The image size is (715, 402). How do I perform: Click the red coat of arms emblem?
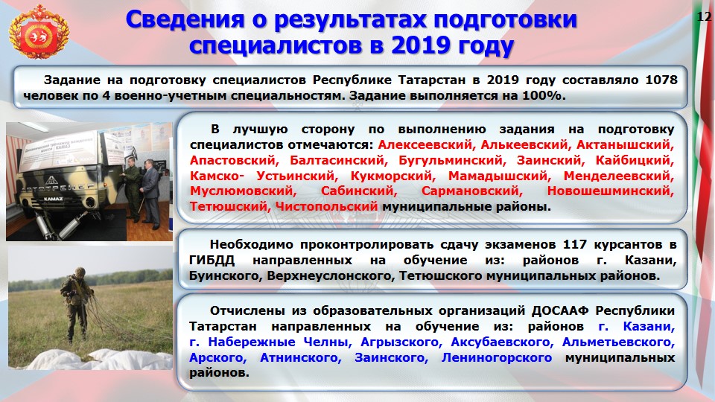tap(38, 32)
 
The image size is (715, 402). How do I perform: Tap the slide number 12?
tap(704, 17)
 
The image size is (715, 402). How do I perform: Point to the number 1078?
tap(661, 80)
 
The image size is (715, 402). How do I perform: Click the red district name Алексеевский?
tap(426, 145)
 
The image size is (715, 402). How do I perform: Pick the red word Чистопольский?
tap(326, 206)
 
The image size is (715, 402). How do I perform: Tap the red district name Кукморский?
tap(393, 176)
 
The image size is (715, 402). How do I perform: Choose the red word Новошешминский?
tap(611, 191)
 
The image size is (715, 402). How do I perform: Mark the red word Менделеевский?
tap(619, 176)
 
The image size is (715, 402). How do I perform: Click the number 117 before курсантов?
tap(574, 244)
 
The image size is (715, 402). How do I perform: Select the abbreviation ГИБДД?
tap(212, 261)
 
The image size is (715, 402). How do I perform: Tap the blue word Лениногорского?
tap(497, 358)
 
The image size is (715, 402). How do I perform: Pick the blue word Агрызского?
tap(399, 342)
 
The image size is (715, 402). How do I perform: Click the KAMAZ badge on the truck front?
tap(54, 200)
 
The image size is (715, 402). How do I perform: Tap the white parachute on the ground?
tap(91, 359)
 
